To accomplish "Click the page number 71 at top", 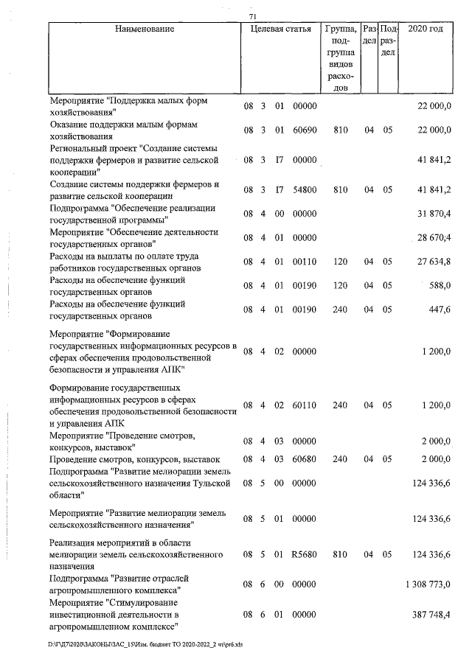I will [x=253, y=16].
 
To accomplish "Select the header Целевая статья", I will [x=280, y=29].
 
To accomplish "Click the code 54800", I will [x=305, y=189].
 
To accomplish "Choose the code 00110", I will [x=305, y=261].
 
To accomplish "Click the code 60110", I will [x=305, y=405].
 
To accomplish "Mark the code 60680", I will [x=305, y=459].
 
